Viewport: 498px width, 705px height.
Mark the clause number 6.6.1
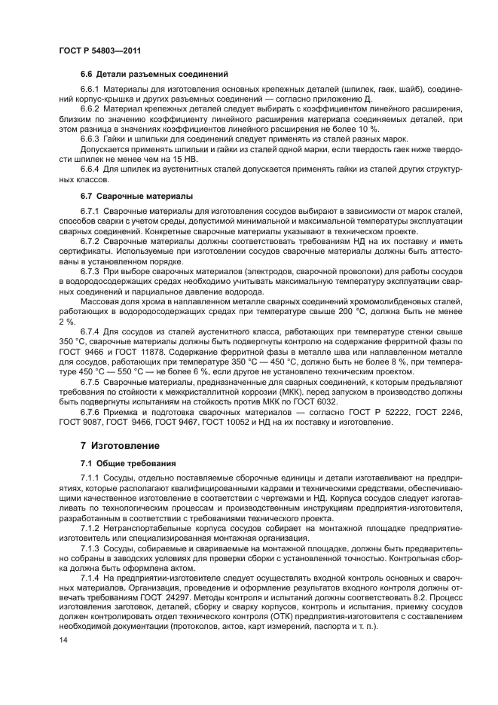[x=90, y=90]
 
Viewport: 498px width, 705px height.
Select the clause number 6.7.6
[x=90, y=412]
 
